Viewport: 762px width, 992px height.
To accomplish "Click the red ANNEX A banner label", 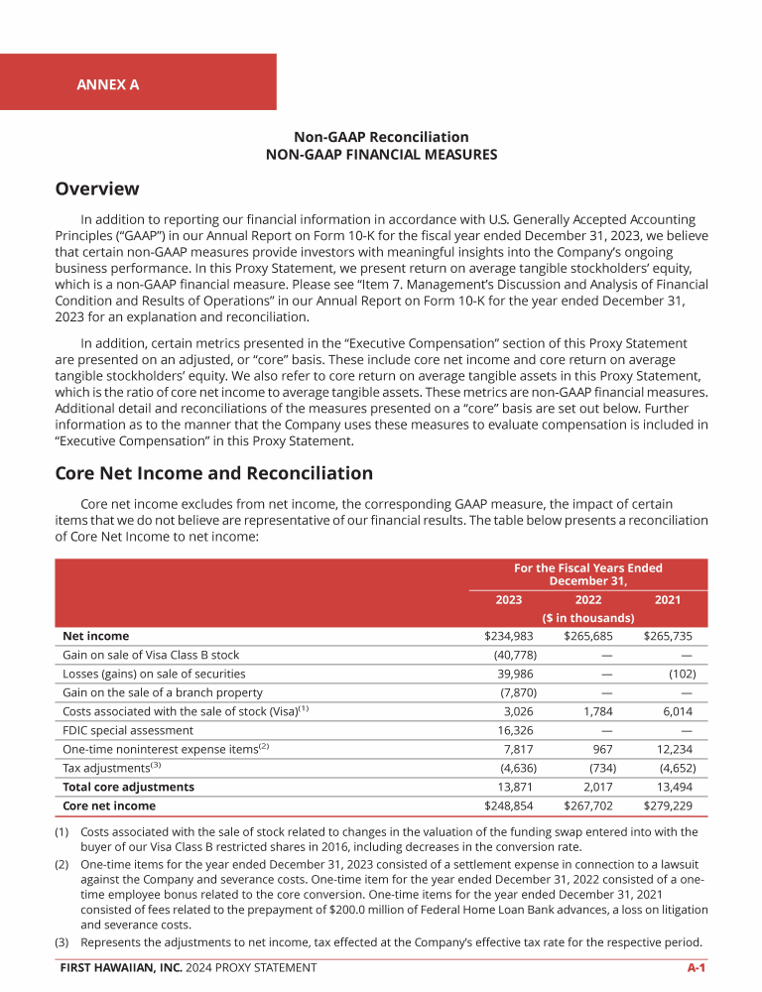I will [108, 84].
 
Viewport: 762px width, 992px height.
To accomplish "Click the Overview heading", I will [97, 188].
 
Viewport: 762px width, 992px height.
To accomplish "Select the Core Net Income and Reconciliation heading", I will [214, 473].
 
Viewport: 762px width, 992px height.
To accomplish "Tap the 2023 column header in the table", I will [509, 599].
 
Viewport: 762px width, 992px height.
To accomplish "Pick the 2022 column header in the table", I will [588, 599].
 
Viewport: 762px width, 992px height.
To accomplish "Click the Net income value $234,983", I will [509, 636].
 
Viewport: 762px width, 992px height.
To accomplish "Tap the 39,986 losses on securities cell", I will [515, 674].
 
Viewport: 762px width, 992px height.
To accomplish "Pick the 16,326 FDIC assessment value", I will [515, 730].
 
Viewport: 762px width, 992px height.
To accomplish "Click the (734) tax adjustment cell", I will [596, 768].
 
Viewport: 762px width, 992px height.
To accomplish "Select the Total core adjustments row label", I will [128, 787].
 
